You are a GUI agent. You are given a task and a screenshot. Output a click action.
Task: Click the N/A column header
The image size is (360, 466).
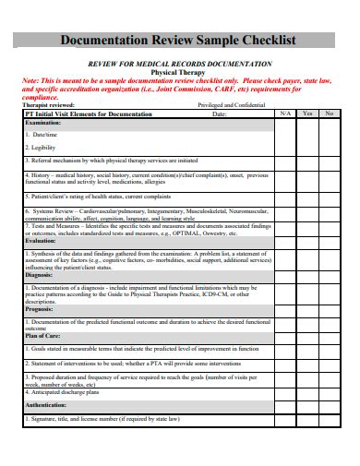coord(286,114)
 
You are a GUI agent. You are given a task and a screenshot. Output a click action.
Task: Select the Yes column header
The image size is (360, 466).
coord(307,114)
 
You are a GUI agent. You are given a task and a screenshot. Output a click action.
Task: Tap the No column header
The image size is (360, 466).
coord(329,114)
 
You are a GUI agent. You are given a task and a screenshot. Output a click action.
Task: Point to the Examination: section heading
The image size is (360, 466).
coord(42,122)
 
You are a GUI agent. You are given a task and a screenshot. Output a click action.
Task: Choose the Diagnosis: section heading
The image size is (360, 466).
coord(39,275)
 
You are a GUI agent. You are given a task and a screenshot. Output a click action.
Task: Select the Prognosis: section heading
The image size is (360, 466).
coord(40,310)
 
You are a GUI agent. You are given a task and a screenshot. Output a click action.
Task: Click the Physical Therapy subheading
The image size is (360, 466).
coord(179,71)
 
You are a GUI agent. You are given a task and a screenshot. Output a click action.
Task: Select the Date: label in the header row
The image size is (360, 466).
coord(218,114)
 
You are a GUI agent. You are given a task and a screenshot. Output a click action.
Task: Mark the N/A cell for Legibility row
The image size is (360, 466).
coord(286,148)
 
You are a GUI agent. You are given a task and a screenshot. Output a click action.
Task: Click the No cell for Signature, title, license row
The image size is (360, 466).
coord(329,417)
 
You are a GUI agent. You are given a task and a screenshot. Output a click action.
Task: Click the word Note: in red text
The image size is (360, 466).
coord(31,80)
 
